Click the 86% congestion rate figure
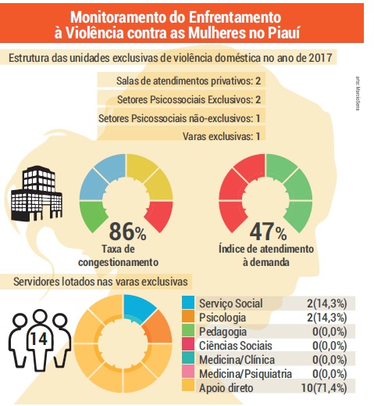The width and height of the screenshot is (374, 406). [x=127, y=232]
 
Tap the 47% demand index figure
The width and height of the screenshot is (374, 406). [x=268, y=232]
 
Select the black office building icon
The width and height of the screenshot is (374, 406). [x=37, y=193]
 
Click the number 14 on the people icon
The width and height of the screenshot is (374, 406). [x=39, y=339]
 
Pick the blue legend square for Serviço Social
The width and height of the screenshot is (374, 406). [x=188, y=302]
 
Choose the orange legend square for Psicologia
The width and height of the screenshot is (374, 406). [x=188, y=316]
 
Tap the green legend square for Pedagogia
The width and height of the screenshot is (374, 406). [x=188, y=330]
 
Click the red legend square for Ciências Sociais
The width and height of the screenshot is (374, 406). [x=188, y=344]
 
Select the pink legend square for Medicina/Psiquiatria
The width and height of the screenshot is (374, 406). [x=188, y=372]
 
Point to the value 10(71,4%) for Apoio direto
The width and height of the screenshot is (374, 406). [x=324, y=388]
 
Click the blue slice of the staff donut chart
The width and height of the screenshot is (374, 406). [x=138, y=308]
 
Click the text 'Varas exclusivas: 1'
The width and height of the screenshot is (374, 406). [x=222, y=136]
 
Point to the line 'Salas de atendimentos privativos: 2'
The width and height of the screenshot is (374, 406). [x=188, y=81]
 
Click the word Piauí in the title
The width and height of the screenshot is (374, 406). [x=283, y=33]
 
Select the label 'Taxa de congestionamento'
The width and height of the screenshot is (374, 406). [x=119, y=256]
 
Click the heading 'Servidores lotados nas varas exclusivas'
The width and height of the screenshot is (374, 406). [x=101, y=282]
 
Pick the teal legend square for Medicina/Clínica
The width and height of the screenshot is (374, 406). [x=188, y=358]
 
